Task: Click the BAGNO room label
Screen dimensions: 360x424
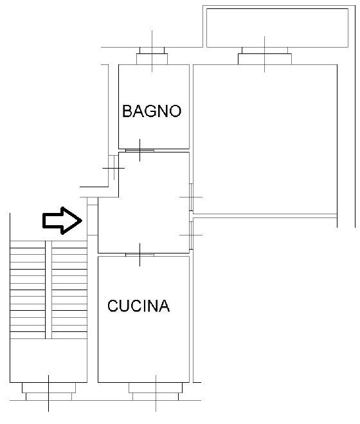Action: click(152, 111)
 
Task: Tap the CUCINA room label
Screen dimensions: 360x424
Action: click(139, 306)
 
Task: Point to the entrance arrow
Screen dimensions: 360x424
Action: click(62, 221)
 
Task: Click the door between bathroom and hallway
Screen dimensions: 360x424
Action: click(139, 151)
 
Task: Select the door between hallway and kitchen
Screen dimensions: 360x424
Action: click(139, 255)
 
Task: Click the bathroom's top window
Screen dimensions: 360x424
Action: click(152, 56)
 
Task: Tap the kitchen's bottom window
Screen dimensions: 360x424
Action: click(156, 391)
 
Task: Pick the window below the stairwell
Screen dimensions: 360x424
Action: click(49, 391)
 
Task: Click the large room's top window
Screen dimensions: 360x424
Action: click(265, 56)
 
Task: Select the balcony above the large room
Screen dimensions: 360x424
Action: click(277, 28)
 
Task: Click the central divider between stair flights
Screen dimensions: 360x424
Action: click(49, 290)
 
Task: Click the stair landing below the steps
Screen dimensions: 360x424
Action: click(49, 360)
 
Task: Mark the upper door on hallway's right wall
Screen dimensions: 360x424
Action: click(191, 197)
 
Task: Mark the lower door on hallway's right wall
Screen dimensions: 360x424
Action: click(191, 235)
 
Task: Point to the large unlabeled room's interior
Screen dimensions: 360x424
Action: click(265, 139)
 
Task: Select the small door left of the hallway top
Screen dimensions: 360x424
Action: click(114, 168)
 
